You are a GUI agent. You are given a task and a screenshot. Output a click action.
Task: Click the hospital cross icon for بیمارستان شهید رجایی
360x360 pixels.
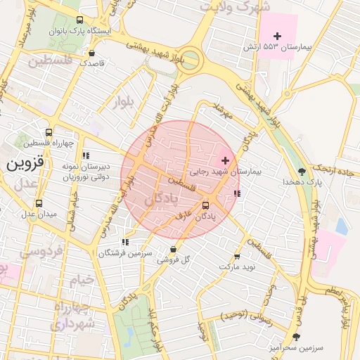tap(224, 161)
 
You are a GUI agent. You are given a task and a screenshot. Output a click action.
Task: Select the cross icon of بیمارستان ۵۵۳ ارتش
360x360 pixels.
tap(277, 36)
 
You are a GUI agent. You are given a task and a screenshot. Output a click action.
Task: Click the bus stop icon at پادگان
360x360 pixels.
tap(205, 205)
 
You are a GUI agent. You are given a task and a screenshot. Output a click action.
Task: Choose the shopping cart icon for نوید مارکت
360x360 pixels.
tap(236, 257)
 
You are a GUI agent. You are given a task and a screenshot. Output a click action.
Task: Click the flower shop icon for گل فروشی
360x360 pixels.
tap(173, 249)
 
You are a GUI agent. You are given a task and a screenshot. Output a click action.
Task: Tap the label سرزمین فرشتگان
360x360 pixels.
tap(125, 253)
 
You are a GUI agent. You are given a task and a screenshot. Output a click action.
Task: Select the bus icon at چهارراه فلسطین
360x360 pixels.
tap(49, 131)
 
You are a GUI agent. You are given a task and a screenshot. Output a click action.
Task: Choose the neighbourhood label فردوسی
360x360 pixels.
tap(42, 250)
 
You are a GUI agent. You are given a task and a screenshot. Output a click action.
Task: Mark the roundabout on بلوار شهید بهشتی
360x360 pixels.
tap(190, 60)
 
